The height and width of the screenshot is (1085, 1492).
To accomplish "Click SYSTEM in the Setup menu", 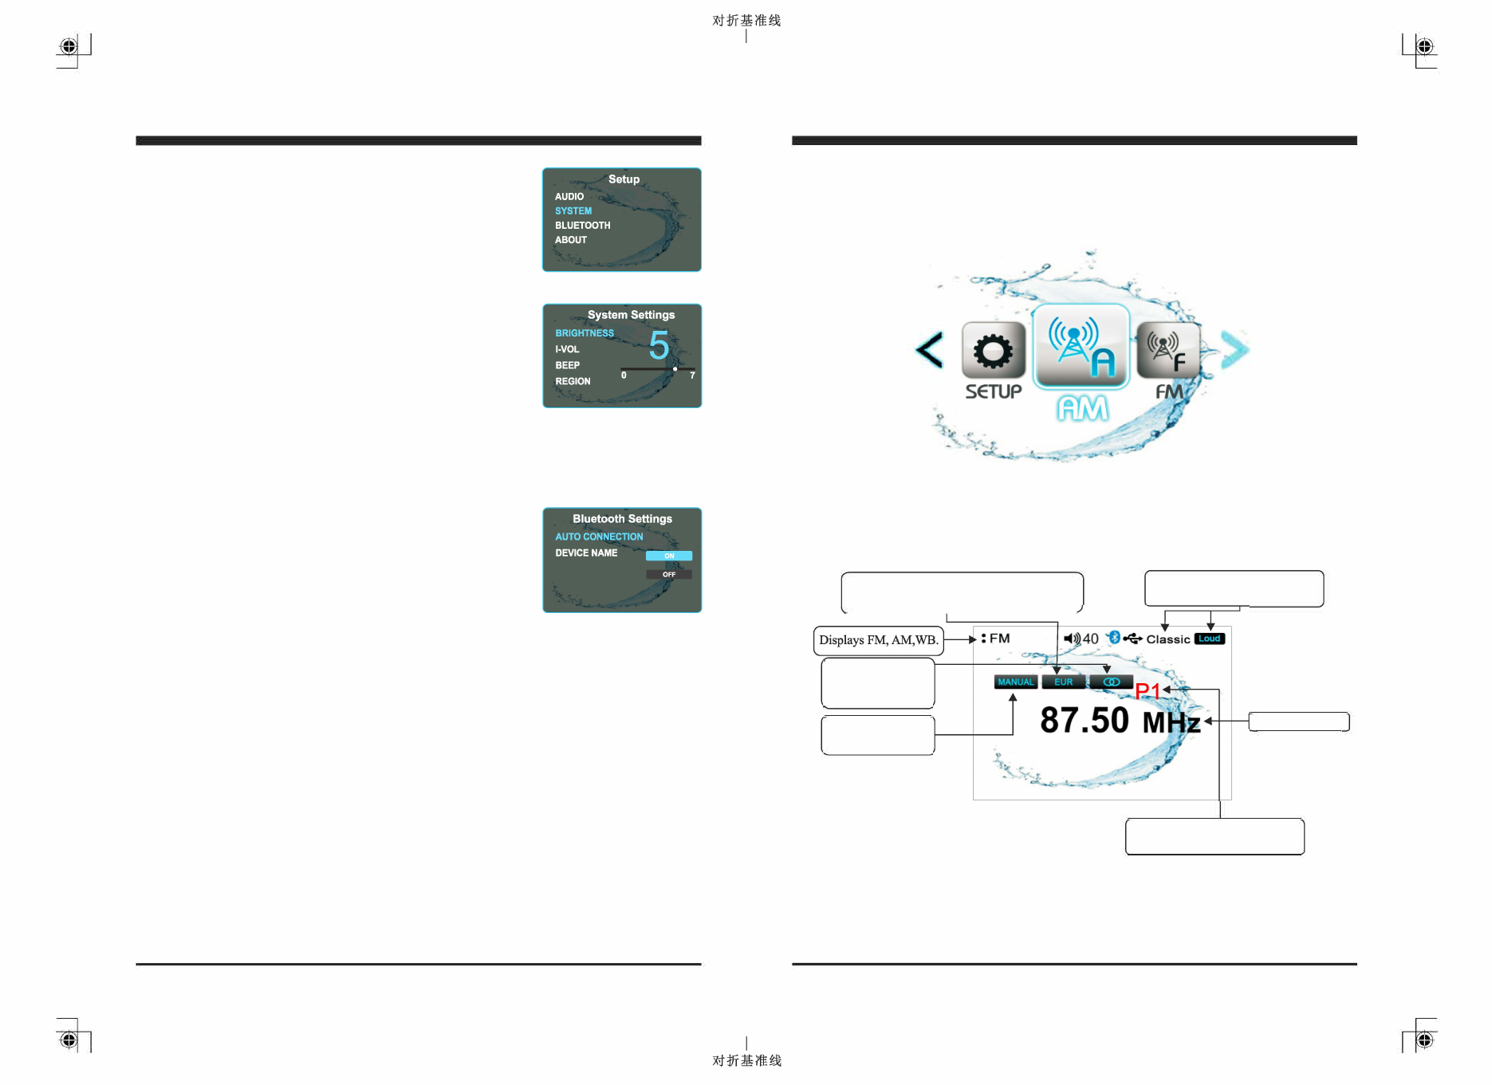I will tap(573, 211).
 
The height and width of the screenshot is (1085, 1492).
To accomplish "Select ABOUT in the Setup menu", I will tap(571, 240).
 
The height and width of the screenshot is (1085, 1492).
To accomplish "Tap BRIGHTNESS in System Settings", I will tap(585, 333).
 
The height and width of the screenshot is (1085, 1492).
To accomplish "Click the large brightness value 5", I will tap(659, 346).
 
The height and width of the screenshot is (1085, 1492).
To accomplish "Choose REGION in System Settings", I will tap(573, 382).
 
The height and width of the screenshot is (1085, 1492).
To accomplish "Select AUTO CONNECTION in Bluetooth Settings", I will tap(599, 537).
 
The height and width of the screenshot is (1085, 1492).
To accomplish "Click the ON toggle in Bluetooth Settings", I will tap(669, 556).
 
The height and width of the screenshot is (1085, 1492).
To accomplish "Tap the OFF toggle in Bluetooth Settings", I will tap(669, 574).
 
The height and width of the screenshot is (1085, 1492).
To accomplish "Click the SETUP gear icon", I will tap(993, 351).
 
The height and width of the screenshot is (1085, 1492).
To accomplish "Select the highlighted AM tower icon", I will tap(1081, 347).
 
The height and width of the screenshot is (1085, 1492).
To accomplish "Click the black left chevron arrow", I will tap(930, 350).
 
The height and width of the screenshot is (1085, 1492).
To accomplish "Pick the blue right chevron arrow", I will tap(1234, 350).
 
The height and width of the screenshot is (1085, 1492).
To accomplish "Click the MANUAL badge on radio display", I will tap(1015, 682).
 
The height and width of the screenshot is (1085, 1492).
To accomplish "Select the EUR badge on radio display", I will tap(1063, 682).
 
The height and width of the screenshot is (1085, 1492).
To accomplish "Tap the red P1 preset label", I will tap(1148, 691).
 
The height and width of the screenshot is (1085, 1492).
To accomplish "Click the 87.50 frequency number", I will tap(1085, 721).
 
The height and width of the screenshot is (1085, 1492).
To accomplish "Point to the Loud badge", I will tap(1209, 639).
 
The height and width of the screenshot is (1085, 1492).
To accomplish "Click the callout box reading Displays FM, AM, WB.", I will tap(878, 640).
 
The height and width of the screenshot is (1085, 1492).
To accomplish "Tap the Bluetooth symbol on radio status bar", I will tap(1115, 638).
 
